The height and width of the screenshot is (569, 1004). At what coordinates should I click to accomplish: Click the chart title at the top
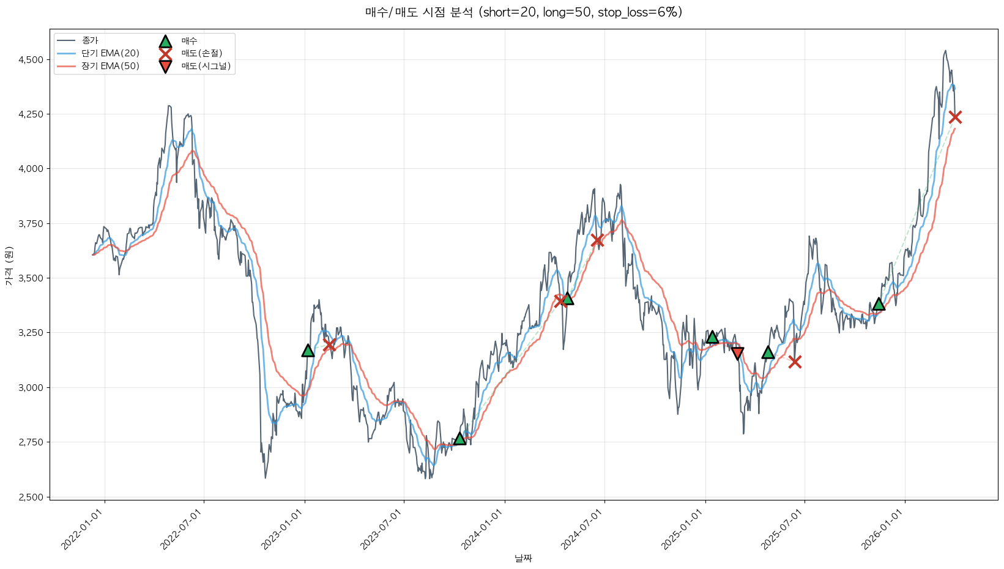(523, 12)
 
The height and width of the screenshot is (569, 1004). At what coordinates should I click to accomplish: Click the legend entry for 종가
(90, 40)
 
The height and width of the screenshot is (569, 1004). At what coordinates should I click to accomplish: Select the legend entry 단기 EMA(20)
(110, 53)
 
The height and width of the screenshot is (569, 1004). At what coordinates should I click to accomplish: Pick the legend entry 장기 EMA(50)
(110, 66)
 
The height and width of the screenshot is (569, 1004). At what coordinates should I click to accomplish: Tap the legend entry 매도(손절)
(201, 53)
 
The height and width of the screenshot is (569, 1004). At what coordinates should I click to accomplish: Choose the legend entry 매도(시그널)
(206, 66)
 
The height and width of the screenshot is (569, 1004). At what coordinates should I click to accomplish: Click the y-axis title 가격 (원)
(9, 266)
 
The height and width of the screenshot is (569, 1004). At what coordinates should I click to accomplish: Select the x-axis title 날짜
(523, 558)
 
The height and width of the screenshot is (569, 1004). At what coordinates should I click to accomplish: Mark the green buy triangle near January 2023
(308, 351)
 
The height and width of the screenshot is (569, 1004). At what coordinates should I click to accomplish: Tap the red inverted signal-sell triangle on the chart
(737, 353)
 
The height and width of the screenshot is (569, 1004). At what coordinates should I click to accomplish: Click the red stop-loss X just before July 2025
(795, 362)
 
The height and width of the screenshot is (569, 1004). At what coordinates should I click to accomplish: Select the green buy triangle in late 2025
(879, 304)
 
